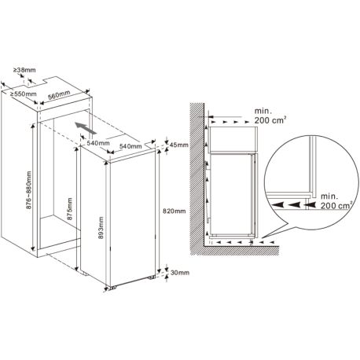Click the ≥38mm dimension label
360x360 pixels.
24,70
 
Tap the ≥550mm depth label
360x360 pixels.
24,94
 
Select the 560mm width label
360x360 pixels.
59,95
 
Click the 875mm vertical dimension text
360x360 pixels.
70,208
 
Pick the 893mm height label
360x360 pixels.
101,228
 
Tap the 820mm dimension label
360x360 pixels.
174,211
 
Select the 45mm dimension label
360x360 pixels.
179,145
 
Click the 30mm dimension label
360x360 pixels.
180,273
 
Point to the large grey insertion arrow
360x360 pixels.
86,128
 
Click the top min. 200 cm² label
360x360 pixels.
270,116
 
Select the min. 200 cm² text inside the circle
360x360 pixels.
336,200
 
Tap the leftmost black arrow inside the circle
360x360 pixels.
278,204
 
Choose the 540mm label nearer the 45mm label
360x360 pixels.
130,146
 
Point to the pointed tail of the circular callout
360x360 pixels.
263,237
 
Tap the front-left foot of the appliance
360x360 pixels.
113,288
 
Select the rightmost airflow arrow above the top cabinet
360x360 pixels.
247,122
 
